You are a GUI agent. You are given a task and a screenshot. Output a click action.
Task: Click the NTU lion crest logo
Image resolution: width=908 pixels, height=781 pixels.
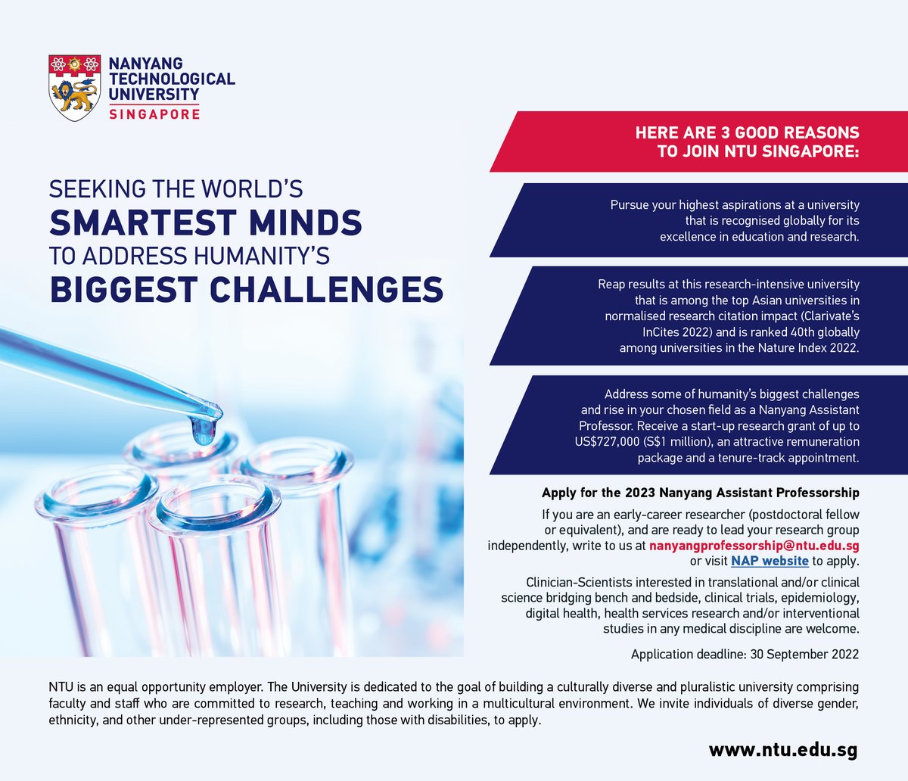click(x=74, y=87)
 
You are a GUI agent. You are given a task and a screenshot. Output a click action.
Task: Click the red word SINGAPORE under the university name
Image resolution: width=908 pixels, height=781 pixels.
click(x=154, y=114)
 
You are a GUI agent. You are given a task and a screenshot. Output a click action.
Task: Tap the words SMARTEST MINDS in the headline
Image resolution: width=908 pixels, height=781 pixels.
click(x=206, y=222)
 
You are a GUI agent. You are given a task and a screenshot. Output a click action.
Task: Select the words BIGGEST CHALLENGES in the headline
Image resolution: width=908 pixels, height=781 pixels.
click(x=247, y=289)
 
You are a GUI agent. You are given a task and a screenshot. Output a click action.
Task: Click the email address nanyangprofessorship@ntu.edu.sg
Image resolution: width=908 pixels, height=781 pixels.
click(x=754, y=546)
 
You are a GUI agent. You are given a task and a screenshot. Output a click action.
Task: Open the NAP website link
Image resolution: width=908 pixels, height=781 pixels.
click(x=770, y=561)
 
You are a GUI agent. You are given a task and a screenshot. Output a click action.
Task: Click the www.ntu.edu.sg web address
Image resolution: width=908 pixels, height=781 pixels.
click(x=783, y=750)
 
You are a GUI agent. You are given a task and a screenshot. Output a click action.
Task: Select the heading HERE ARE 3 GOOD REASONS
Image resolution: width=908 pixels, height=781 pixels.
click(x=747, y=133)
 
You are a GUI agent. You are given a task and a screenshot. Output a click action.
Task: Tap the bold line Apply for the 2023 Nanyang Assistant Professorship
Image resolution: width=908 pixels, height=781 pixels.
click(x=700, y=493)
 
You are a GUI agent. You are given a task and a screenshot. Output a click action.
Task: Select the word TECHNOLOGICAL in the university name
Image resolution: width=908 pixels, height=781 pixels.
click(x=172, y=79)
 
